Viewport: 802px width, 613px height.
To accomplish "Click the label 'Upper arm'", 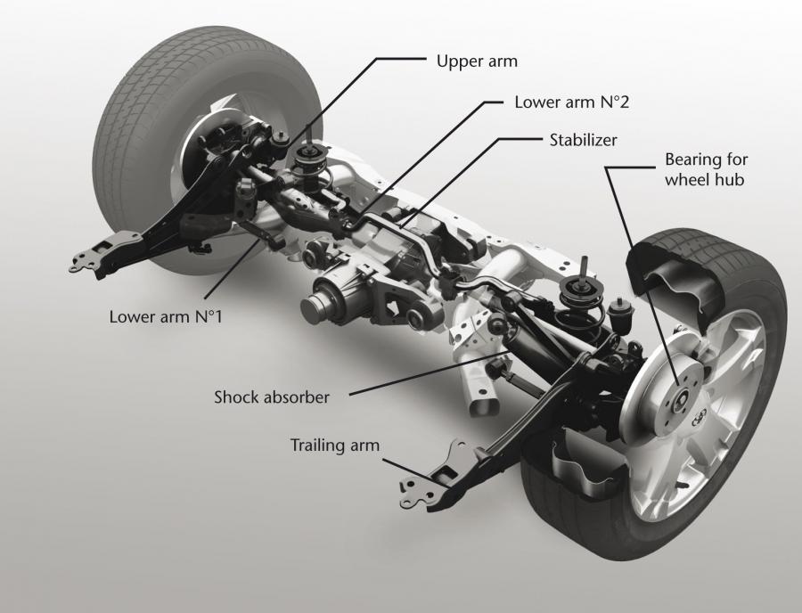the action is pos(477,61).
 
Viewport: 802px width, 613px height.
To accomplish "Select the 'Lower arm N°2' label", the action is pos(571,102).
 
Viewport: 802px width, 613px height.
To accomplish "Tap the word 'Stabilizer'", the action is pos(583,140).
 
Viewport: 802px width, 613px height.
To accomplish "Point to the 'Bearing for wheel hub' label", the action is pos(706,169).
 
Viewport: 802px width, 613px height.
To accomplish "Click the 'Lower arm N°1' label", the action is pos(166,316).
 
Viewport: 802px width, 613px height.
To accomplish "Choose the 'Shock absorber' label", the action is pos(272,397).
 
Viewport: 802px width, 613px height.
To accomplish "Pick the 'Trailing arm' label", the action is pos(335,445).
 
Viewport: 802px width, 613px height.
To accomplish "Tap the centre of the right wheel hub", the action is pos(679,400).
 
